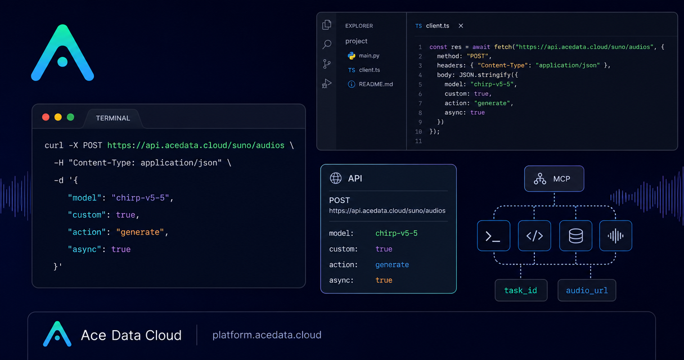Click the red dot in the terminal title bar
click(46, 117)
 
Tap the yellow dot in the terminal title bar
click(58, 117)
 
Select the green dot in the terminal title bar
click(70, 117)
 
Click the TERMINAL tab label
click(113, 118)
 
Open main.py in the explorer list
click(369, 56)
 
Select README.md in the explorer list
click(376, 84)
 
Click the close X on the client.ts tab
click(461, 26)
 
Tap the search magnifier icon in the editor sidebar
click(327, 44)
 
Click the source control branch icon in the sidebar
click(327, 64)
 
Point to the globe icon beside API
click(336, 178)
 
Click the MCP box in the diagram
click(554, 179)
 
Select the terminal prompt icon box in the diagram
click(493, 236)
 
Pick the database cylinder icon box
click(575, 236)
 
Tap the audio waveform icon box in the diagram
click(615, 236)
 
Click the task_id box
click(521, 290)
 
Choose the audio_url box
click(587, 290)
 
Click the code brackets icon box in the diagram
click(534, 236)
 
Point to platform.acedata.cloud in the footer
click(267, 335)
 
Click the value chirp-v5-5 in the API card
click(397, 233)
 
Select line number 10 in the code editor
click(418, 132)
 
